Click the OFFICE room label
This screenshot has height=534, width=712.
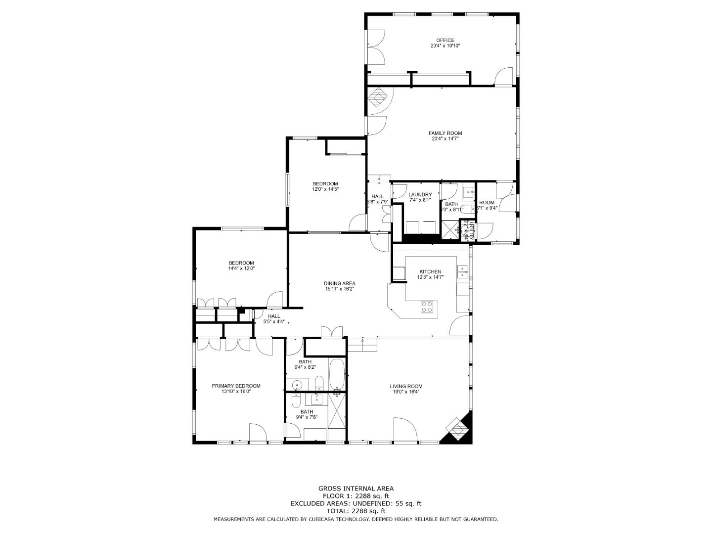445,41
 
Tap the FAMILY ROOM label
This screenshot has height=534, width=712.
445,133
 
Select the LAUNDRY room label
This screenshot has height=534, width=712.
420,195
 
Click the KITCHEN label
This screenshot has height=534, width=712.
430,272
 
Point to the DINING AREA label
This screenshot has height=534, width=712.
340,284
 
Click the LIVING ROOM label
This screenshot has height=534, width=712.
406,387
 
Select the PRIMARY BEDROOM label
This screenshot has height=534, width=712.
236,386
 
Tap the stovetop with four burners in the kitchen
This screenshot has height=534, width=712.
427,307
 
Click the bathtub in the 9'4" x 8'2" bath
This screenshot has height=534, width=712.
337,374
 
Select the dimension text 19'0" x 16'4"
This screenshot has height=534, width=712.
406,392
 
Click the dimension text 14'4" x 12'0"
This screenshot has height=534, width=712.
241,268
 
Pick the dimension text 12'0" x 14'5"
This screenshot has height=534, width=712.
325,189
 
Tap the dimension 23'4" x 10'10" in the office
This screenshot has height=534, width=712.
445,46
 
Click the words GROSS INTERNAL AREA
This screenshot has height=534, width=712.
356,489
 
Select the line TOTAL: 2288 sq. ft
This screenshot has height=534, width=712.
356,511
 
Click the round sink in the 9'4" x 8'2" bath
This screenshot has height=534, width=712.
297,385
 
